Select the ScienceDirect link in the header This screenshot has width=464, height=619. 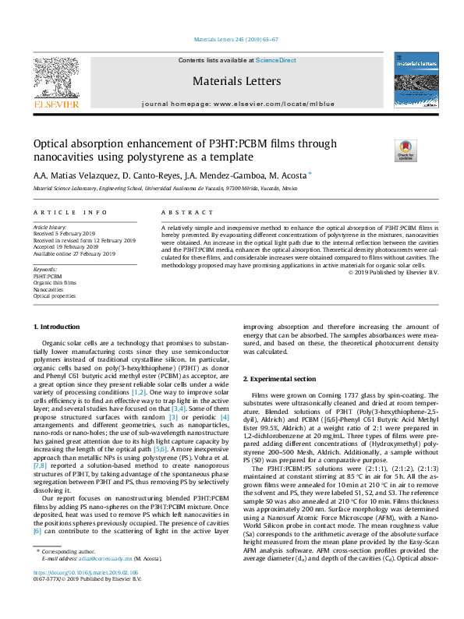[x=276, y=61]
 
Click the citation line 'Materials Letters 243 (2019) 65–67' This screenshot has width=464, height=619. [x=232, y=39]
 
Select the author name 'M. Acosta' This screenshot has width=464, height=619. [x=288, y=175]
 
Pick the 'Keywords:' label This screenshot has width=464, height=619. [x=45, y=269]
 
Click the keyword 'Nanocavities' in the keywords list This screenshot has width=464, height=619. [x=49, y=289]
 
